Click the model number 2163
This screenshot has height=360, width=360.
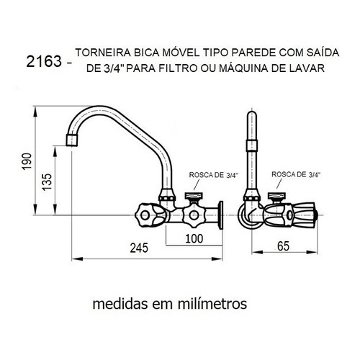click(44, 61)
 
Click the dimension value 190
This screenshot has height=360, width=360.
click(27, 161)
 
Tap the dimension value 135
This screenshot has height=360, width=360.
click(47, 182)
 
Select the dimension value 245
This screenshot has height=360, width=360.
click(139, 248)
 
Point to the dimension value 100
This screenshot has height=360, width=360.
click(194, 238)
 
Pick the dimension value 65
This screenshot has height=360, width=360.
click(283, 246)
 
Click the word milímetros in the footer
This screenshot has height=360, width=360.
click(212, 304)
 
